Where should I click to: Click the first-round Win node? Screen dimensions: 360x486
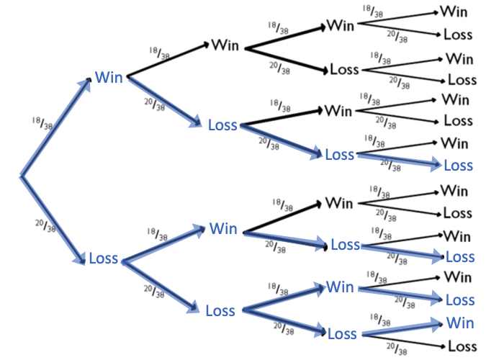pos(108,77)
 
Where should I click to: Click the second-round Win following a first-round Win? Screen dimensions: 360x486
pos(225,45)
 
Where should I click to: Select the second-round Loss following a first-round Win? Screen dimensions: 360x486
pos(222,125)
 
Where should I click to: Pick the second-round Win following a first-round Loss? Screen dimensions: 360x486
pos(223,229)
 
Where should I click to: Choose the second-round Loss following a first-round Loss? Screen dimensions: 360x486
pos(220,311)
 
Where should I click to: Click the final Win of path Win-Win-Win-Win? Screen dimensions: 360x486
pos(454,12)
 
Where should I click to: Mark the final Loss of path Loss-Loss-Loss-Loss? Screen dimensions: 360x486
pos(462,346)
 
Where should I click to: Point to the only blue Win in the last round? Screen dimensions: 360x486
pos(460,322)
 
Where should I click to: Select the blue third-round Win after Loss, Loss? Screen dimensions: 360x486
pos(340,287)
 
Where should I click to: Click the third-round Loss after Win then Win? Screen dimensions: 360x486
pos(344,70)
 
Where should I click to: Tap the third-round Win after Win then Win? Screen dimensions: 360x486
pos(340,25)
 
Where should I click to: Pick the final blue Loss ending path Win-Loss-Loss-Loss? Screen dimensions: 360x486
pos(459,166)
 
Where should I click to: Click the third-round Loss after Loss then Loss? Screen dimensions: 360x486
pos(341,334)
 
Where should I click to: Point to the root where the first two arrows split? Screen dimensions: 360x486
pos(22,175)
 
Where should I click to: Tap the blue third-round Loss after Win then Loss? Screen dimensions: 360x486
pos(340,155)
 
